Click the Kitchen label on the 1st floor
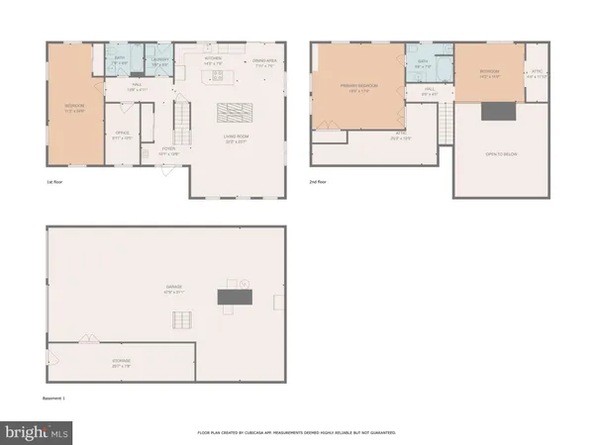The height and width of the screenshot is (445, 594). [x=213, y=59]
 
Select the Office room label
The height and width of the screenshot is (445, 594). [x=123, y=133]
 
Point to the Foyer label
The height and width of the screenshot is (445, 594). [x=169, y=152]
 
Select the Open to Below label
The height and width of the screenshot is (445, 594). [x=504, y=154]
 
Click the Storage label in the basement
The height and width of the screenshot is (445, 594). [x=121, y=364]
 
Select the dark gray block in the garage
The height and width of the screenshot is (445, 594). [x=236, y=295]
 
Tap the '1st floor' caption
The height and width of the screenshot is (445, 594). [x=56, y=182]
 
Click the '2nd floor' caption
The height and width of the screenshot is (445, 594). [x=320, y=182]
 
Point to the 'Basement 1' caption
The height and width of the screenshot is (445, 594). [x=59, y=400]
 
